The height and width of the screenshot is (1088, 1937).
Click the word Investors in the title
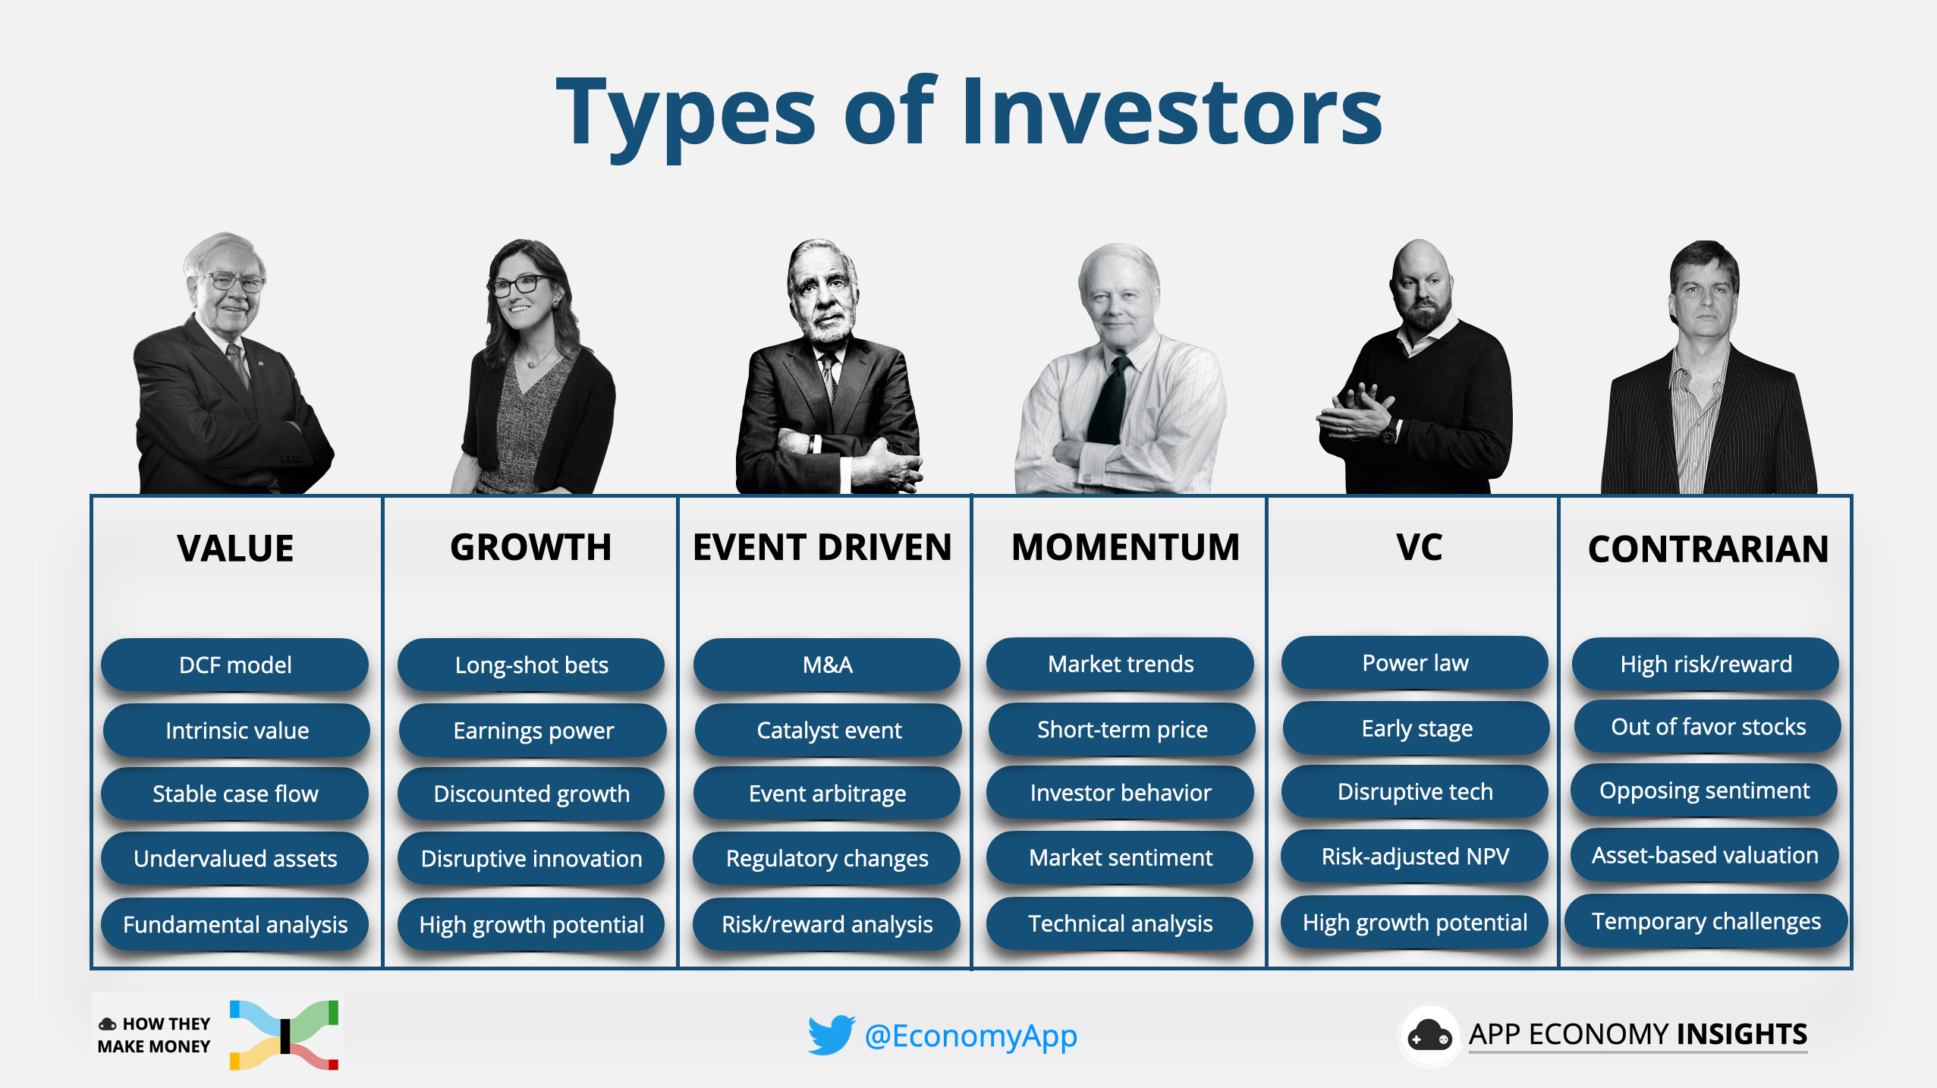[1172, 114]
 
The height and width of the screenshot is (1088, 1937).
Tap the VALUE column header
[235, 549]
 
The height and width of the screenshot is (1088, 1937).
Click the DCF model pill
[235, 665]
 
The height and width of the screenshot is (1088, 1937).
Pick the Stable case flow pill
[235, 794]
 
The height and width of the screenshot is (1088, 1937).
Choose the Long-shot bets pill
[531, 665]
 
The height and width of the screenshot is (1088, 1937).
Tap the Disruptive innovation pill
[531, 858]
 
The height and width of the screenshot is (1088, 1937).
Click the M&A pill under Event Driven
[827, 665]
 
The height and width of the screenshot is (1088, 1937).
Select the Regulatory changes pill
[827, 858]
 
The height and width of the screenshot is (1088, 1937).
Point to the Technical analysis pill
[1120, 923]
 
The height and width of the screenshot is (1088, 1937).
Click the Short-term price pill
[1121, 729]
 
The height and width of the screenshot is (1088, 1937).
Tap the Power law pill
[1415, 662]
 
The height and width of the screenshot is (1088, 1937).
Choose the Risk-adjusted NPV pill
[1415, 856]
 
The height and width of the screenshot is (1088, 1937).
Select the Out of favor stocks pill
[1708, 726]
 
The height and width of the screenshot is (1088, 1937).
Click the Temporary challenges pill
[1706, 920]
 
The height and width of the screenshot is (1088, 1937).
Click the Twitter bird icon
[831, 1035]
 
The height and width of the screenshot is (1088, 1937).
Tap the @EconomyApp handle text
[970, 1036]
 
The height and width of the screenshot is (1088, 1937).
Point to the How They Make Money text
[156, 1035]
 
